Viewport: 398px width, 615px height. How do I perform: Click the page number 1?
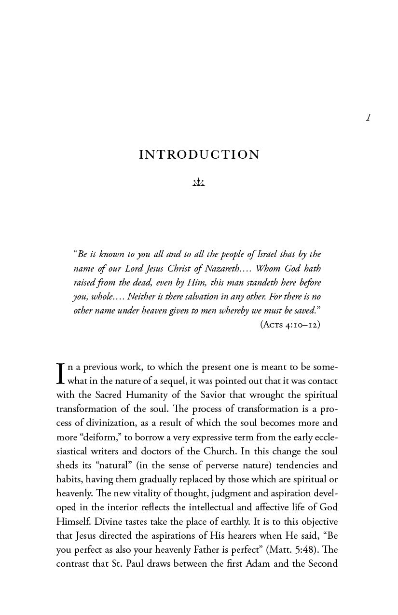[x=368, y=117]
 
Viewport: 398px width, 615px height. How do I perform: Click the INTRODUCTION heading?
[x=199, y=155]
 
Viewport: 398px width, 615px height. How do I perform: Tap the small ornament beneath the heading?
[x=199, y=182]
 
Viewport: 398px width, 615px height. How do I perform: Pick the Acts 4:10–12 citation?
[x=290, y=325]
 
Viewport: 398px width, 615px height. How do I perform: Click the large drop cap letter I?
[x=61, y=374]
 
